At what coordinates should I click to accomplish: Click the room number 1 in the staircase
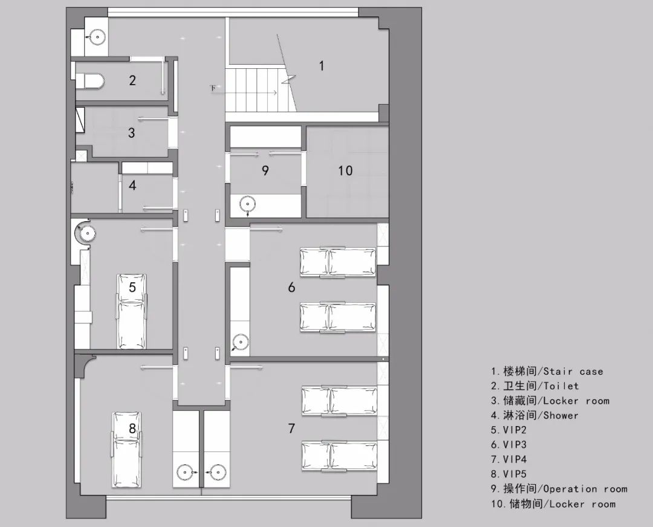(322, 65)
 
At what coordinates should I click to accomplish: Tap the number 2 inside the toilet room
(132, 80)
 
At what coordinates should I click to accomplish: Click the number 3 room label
(132, 132)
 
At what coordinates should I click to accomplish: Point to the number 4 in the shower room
(132, 185)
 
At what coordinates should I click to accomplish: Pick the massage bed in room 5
(132, 311)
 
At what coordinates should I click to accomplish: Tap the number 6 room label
(291, 287)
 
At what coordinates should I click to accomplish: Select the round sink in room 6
(240, 343)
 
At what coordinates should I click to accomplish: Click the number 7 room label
(291, 428)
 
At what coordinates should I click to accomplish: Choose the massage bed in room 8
(126, 449)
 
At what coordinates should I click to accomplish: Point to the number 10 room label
(345, 171)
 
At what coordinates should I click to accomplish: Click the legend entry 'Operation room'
(585, 489)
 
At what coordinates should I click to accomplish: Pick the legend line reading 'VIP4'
(515, 459)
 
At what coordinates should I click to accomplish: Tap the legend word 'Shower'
(560, 415)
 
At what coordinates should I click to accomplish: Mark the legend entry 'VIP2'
(515, 430)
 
